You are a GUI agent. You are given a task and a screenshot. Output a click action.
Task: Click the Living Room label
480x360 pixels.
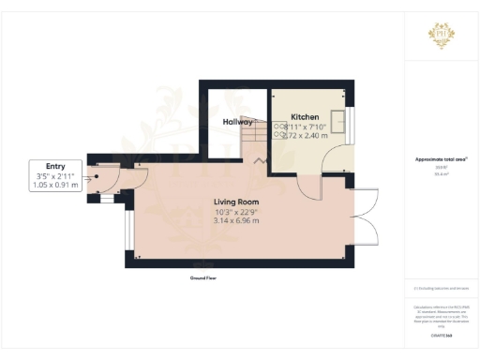pyautogui.click(x=235, y=202)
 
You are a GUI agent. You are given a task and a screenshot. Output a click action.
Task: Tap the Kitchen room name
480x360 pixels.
pyautogui.click(x=304, y=116)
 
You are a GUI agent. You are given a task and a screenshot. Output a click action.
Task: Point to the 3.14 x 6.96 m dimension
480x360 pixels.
pyautogui.click(x=236, y=221)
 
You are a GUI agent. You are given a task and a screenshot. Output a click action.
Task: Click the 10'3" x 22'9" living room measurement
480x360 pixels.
pyautogui.click(x=236, y=212)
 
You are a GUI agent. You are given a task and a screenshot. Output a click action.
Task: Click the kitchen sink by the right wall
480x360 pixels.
pyautogui.click(x=344, y=122)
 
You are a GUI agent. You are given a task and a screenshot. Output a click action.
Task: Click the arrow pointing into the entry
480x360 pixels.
pyautogui.click(x=93, y=175)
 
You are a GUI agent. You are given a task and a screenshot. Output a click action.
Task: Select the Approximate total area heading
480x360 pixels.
pyautogui.click(x=441, y=160)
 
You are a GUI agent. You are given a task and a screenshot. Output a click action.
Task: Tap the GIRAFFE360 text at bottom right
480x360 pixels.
pyautogui.click(x=442, y=335)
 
